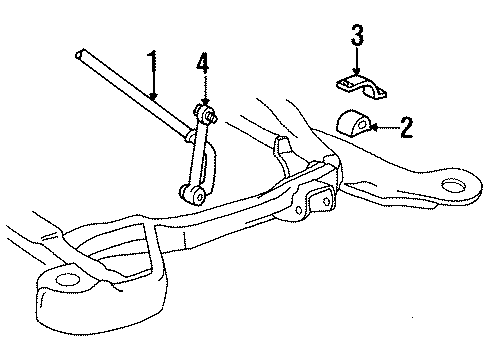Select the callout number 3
(356, 38)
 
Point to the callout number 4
(204, 68)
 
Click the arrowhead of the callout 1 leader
(154, 98)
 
